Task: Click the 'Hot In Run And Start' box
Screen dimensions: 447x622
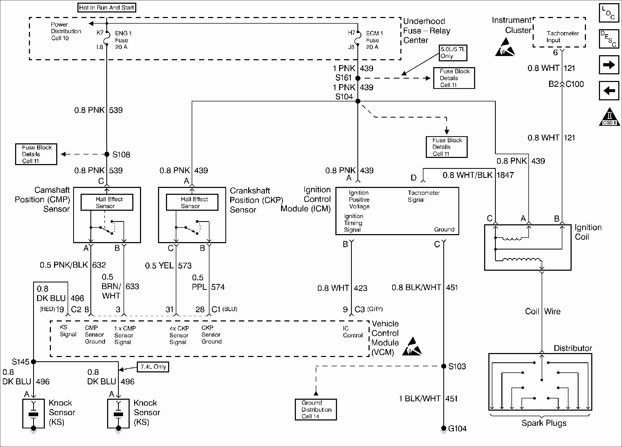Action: point(106,7)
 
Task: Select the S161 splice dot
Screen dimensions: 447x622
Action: point(358,78)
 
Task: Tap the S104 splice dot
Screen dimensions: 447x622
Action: point(358,101)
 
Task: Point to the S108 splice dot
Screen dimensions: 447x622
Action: point(107,154)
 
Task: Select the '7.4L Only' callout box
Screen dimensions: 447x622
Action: point(153,367)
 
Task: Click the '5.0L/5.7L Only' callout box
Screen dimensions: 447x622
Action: point(453,53)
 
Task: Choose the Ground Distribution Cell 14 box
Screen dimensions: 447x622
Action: point(316,409)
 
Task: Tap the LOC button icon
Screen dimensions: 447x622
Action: point(608,13)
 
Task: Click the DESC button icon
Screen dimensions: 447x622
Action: point(608,39)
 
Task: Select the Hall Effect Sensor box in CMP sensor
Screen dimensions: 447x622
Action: point(107,202)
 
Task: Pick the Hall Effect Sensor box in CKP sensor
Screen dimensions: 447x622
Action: point(192,202)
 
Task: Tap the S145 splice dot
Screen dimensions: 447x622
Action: point(33,362)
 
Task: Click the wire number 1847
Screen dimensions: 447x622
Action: point(505,175)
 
